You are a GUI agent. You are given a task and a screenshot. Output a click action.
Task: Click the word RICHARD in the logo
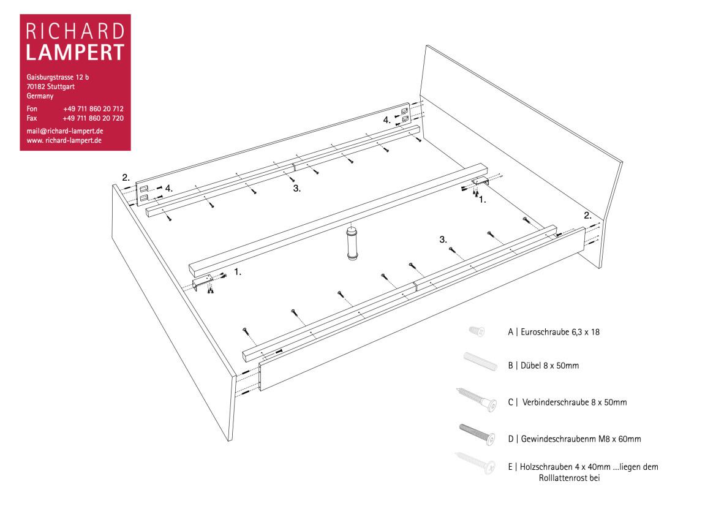(x=75, y=31)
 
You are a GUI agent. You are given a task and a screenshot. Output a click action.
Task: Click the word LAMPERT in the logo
(x=75, y=53)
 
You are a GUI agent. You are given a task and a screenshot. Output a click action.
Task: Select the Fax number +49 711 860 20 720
(x=93, y=118)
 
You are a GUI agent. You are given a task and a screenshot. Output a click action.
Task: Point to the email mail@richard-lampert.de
(x=65, y=131)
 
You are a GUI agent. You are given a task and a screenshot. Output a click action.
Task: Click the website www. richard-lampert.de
(x=64, y=140)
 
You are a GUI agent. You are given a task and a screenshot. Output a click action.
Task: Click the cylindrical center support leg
(x=352, y=242)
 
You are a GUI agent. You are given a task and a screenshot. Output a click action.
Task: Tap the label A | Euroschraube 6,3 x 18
(x=554, y=332)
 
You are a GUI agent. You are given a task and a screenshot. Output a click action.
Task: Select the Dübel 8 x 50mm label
(x=550, y=365)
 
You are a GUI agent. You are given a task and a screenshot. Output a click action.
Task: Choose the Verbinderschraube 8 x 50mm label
(x=575, y=402)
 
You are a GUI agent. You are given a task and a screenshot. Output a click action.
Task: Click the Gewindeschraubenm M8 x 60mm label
(x=581, y=439)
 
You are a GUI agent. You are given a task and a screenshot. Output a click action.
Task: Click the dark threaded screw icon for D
(x=477, y=434)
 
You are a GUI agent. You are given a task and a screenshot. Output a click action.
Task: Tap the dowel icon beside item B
(x=480, y=361)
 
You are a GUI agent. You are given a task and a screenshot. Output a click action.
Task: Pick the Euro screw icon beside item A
(x=477, y=331)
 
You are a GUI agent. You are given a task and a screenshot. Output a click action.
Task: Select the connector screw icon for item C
(x=477, y=399)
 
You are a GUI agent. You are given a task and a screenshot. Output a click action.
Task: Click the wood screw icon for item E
(x=475, y=463)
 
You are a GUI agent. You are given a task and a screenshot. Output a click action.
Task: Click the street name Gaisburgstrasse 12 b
(x=58, y=77)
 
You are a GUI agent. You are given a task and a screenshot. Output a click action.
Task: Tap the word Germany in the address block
(x=40, y=96)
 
